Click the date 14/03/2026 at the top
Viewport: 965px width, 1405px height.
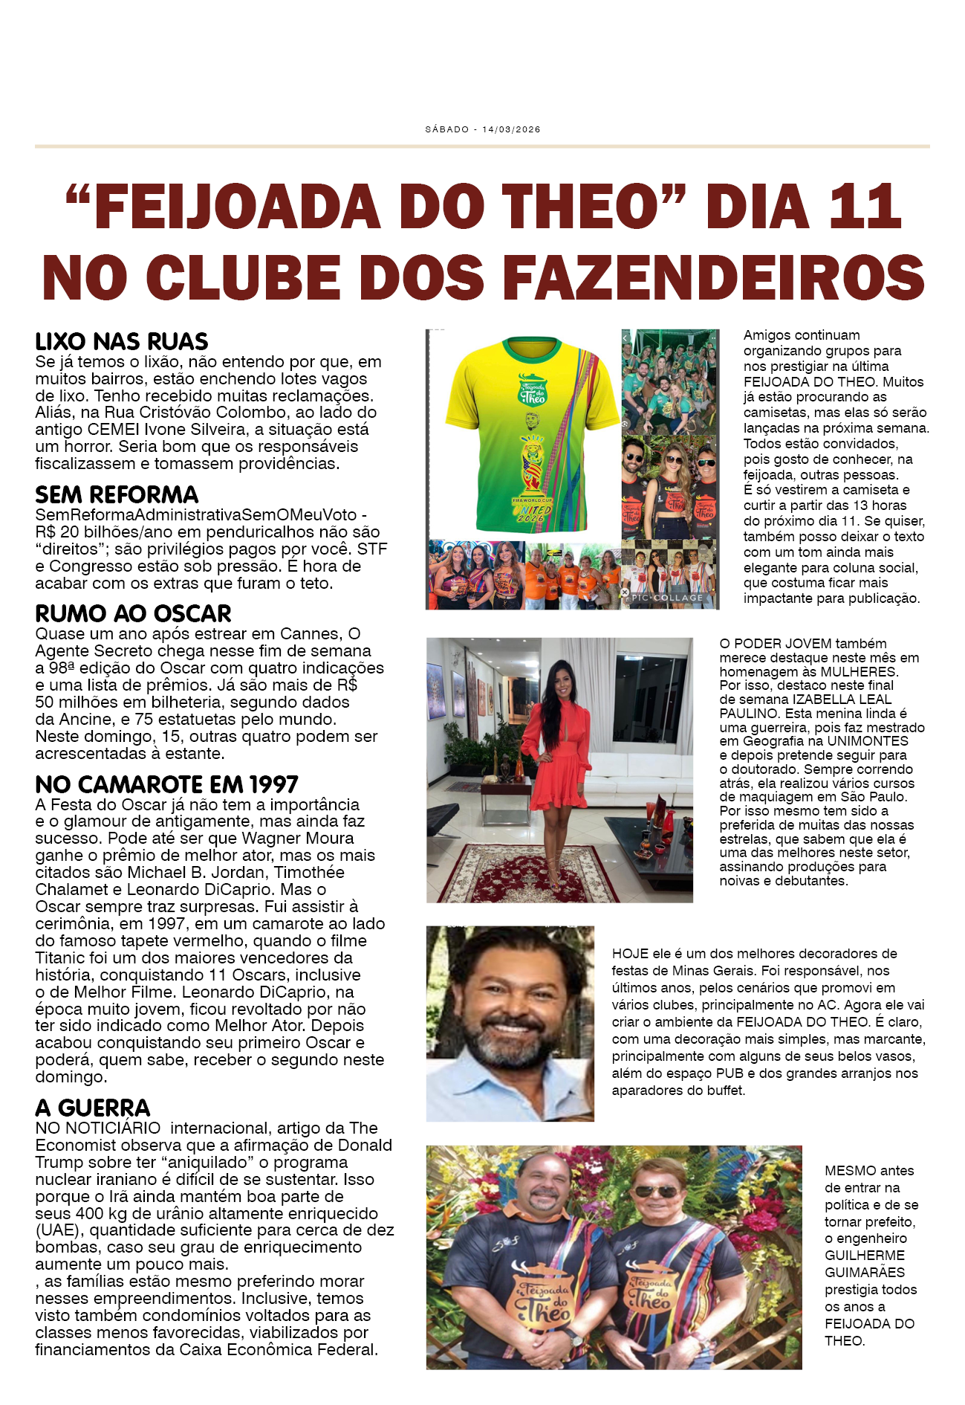point(511,129)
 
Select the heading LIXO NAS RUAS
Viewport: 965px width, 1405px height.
point(122,342)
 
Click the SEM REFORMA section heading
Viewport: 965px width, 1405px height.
point(117,495)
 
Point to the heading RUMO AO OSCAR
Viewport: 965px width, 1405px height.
point(133,614)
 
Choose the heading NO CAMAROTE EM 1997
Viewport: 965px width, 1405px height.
point(166,785)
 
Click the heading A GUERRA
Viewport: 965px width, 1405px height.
point(93,1108)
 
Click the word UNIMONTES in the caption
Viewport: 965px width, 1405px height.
point(868,741)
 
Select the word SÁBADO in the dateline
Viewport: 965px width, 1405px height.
point(446,129)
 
